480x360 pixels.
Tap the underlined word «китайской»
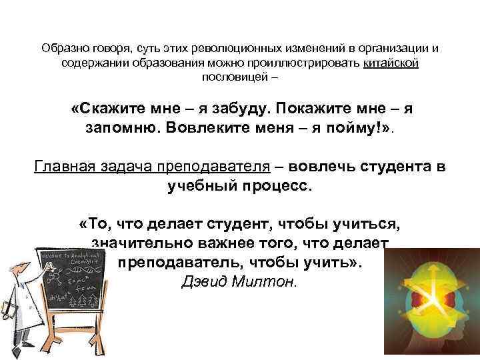click(391, 63)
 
